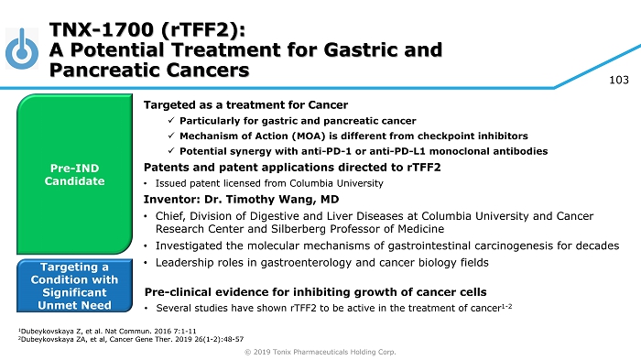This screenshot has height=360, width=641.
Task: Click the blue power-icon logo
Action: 22,49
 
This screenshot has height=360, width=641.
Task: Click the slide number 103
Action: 619,80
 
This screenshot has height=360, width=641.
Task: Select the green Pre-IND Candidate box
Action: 74,174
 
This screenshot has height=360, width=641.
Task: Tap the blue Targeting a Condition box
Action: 74,286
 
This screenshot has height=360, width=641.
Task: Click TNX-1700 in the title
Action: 102,29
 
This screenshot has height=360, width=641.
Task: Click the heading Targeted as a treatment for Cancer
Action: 245,105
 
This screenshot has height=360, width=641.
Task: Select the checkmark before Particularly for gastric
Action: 171,120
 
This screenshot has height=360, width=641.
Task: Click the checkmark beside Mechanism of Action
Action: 171,136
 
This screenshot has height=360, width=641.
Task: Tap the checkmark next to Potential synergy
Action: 171,150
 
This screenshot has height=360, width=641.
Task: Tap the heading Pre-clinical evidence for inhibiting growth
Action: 315,292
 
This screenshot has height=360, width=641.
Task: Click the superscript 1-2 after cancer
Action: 506,306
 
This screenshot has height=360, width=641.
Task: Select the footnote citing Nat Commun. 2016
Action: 107,331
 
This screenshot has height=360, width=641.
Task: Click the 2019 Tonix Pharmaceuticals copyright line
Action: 320,352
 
